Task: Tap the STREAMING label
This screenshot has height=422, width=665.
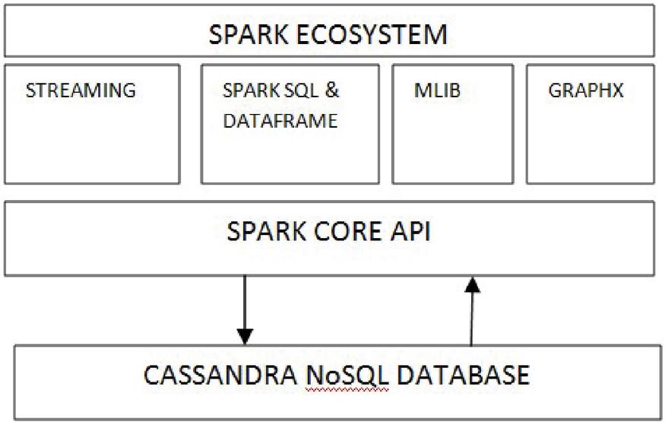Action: (x=81, y=90)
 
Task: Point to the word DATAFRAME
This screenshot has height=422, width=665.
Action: (x=280, y=120)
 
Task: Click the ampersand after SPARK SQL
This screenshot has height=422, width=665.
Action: (x=332, y=90)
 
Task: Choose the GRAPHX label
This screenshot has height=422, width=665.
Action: (x=585, y=90)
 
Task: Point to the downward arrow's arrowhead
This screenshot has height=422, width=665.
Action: (x=245, y=335)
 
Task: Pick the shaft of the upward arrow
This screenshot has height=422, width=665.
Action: (x=472, y=319)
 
